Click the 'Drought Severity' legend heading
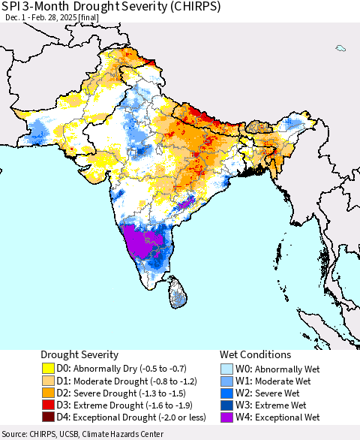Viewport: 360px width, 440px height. pyautogui.click(x=80, y=354)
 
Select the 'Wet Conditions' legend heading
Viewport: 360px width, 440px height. pyautogui.click(x=255, y=354)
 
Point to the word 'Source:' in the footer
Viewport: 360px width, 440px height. pyautogui.click(x=16, y=434)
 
